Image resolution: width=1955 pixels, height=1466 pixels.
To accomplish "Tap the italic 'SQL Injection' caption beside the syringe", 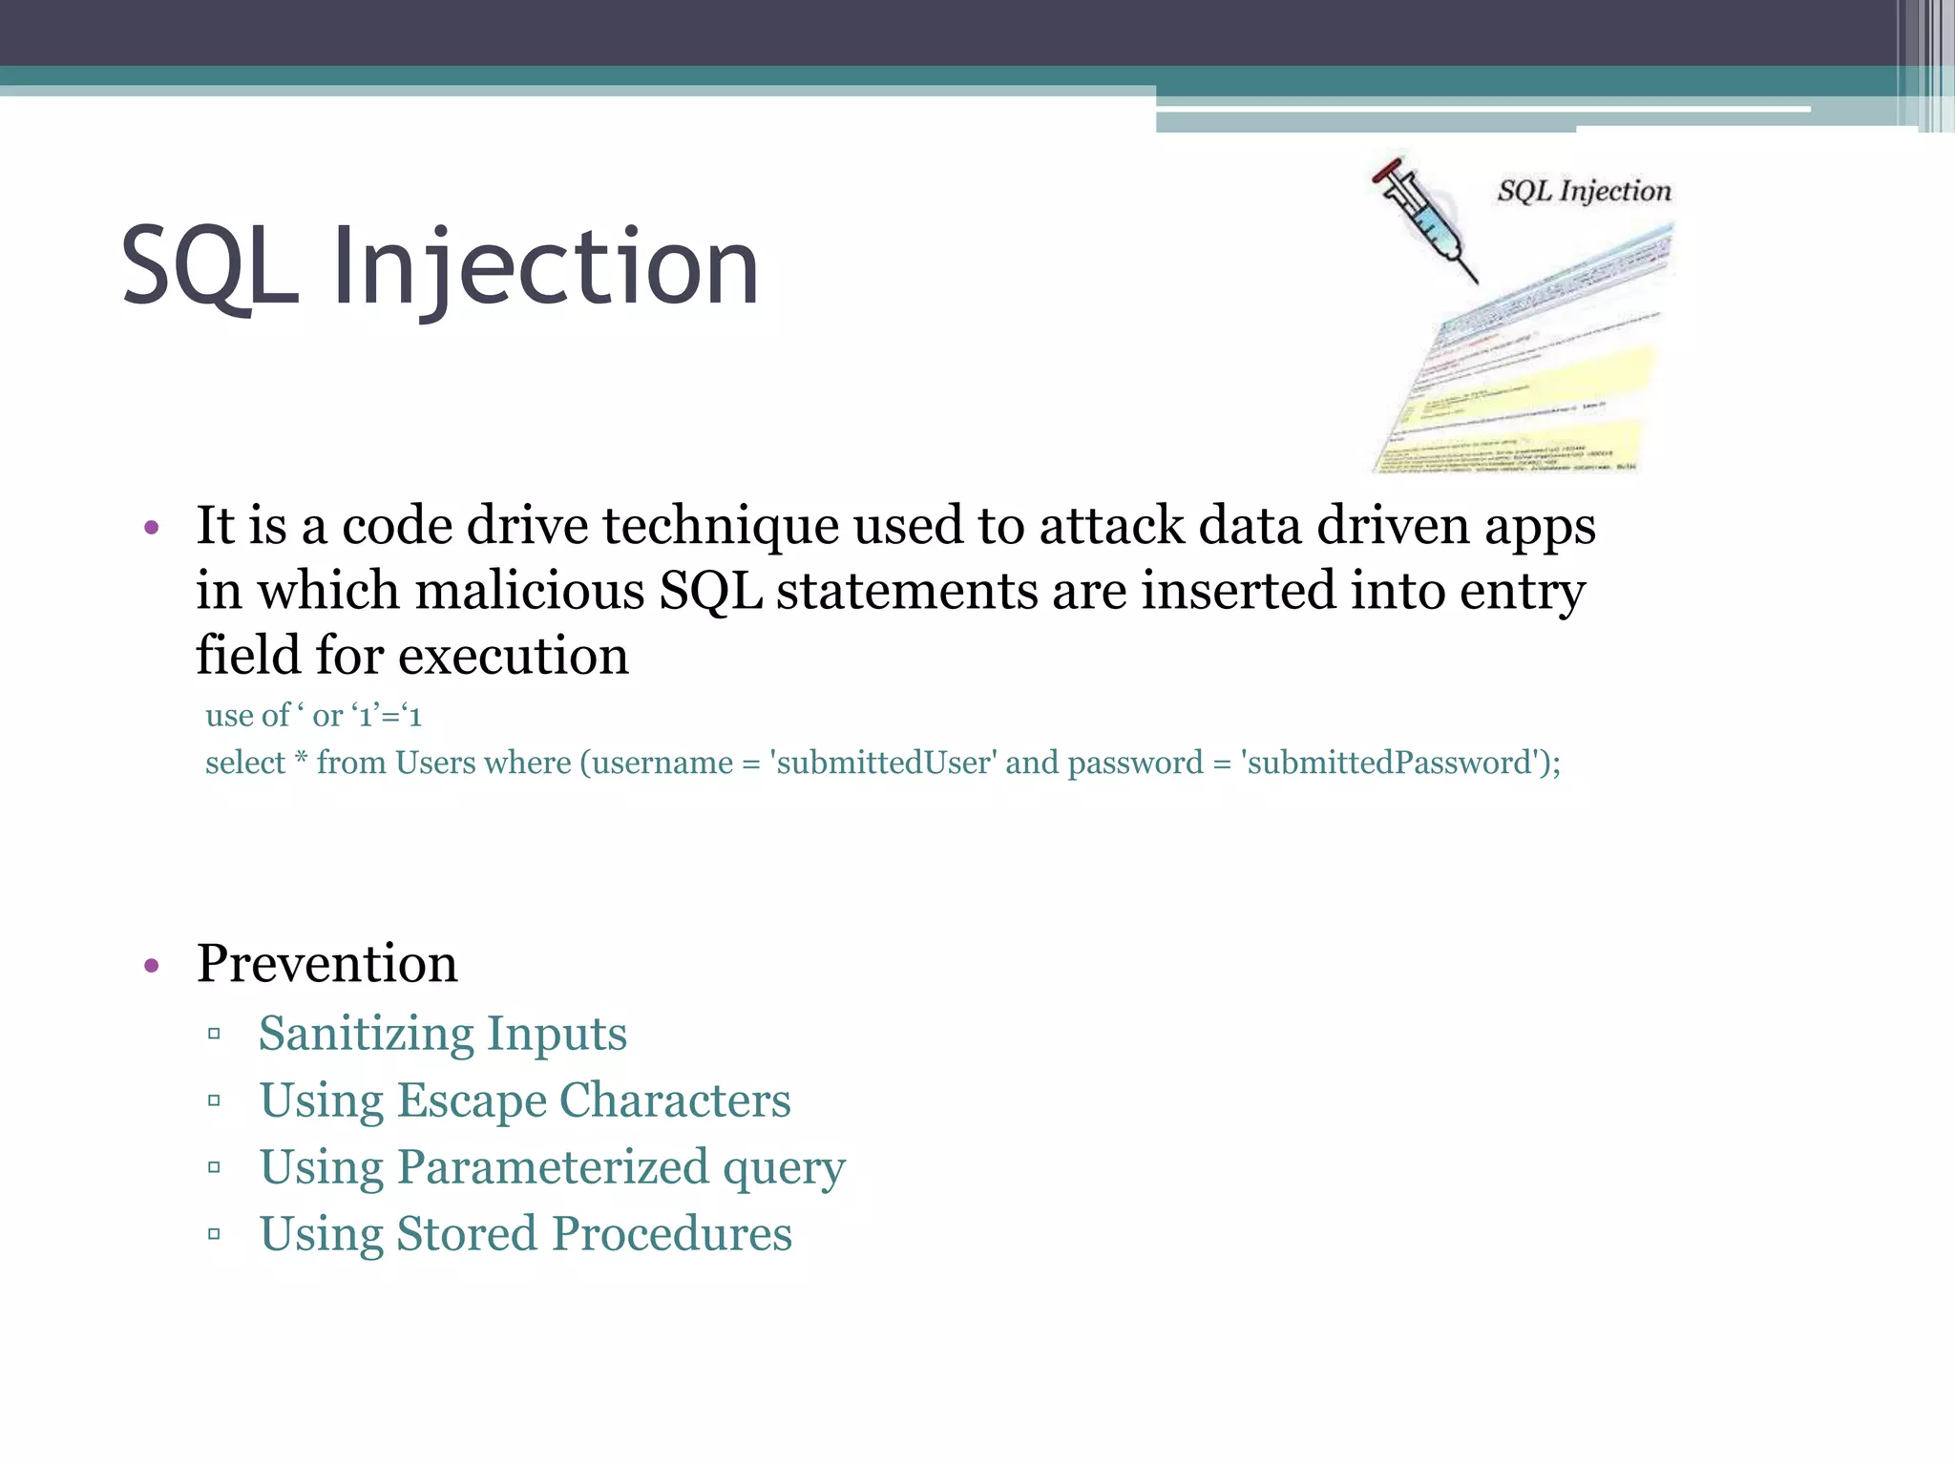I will [1584, 191].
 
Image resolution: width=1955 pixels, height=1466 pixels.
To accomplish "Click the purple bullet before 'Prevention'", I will [151, 966].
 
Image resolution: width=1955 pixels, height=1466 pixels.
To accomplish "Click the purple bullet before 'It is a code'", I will [151, 528].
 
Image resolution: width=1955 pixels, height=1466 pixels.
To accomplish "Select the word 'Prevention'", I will [326, 963].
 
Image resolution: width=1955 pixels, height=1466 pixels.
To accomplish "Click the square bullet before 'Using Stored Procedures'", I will [214, 1234].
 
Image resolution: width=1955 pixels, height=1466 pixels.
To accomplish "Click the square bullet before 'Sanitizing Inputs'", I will [214, 1034].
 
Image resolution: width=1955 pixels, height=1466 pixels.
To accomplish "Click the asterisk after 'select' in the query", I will [301, 760].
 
